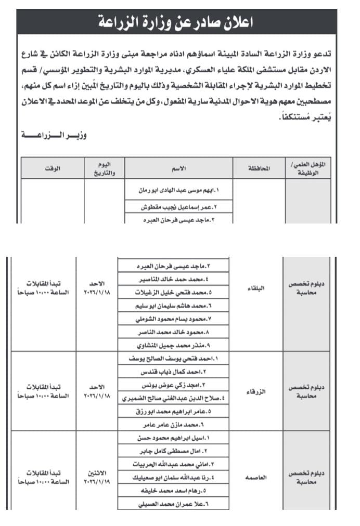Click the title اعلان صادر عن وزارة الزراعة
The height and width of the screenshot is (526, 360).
click(x=179, y=22)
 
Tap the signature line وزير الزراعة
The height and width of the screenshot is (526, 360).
click(x=55, y=136)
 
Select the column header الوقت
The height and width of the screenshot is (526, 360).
click(x=53, y=168)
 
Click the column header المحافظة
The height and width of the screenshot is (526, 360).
click(x=258, y=168)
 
